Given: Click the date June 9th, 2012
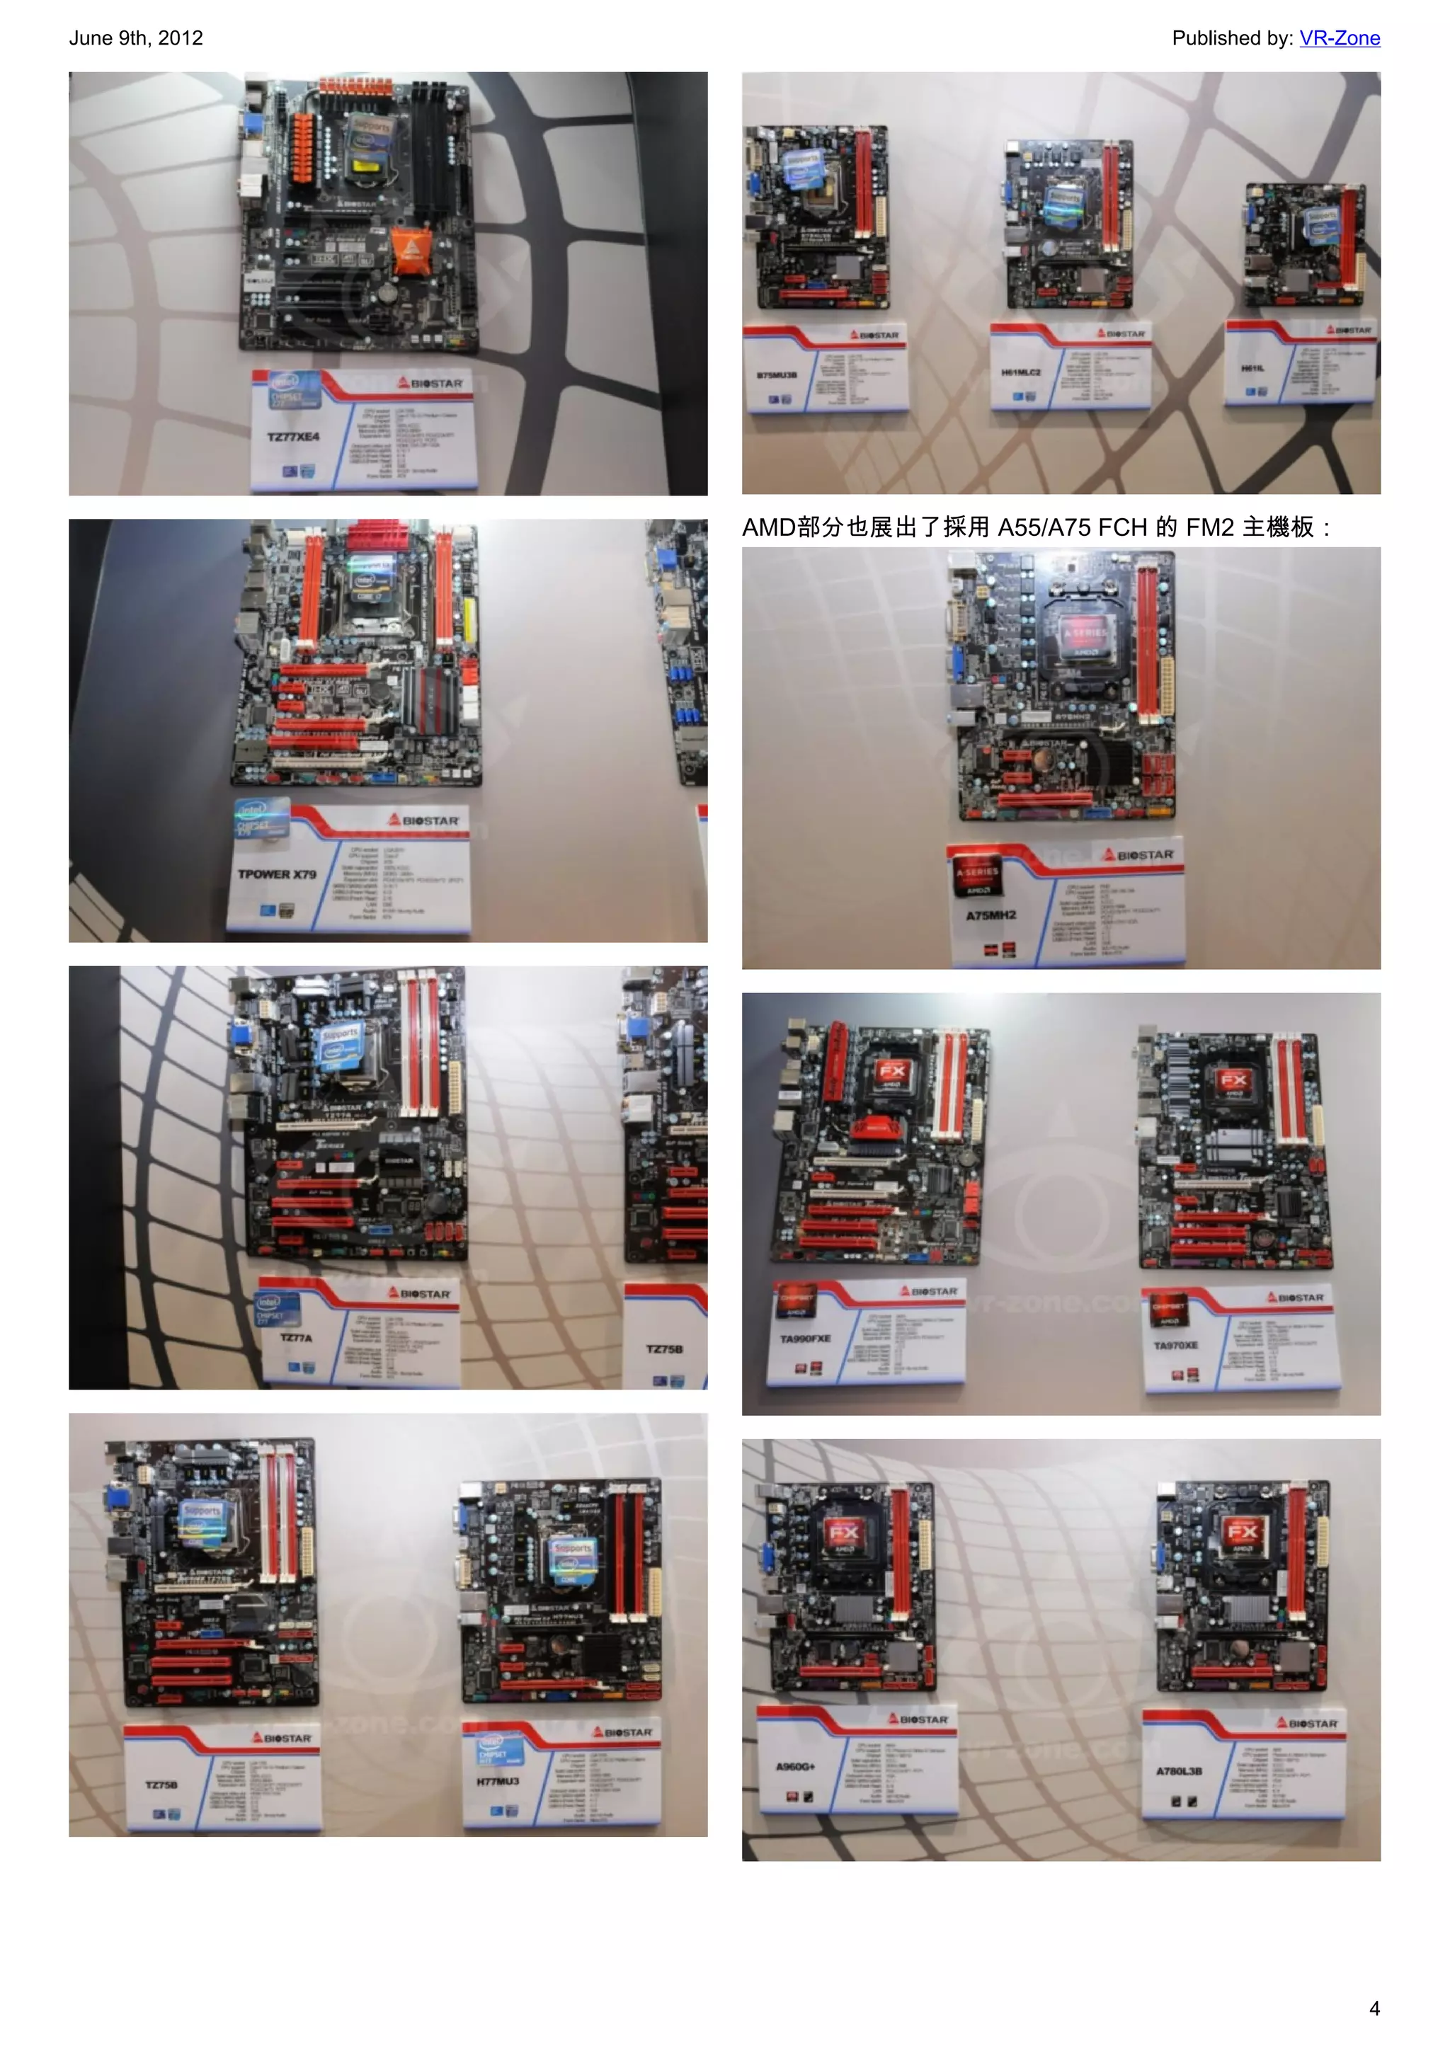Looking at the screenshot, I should [136, 38].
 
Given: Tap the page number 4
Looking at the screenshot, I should [1374, 2008].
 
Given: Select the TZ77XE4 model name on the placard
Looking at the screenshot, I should [293, 437].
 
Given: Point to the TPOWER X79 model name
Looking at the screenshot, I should [277, 874].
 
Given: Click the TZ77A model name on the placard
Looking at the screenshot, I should [295, 1337].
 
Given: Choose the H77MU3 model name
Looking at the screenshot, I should [497, 1781].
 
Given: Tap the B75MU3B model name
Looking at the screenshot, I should [777, 375].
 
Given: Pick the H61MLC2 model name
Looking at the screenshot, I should [1020, 372].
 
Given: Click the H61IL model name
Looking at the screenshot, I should [1252, 368].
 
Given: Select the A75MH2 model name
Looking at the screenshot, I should [991, 915].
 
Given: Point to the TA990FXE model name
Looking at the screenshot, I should [804, 1339].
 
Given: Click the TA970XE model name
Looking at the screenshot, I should [1175, 1346].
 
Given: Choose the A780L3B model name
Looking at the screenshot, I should [1179, 1770].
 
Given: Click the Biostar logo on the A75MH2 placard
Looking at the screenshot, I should [1138, 855].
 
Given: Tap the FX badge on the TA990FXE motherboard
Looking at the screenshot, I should [891, 1072].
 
